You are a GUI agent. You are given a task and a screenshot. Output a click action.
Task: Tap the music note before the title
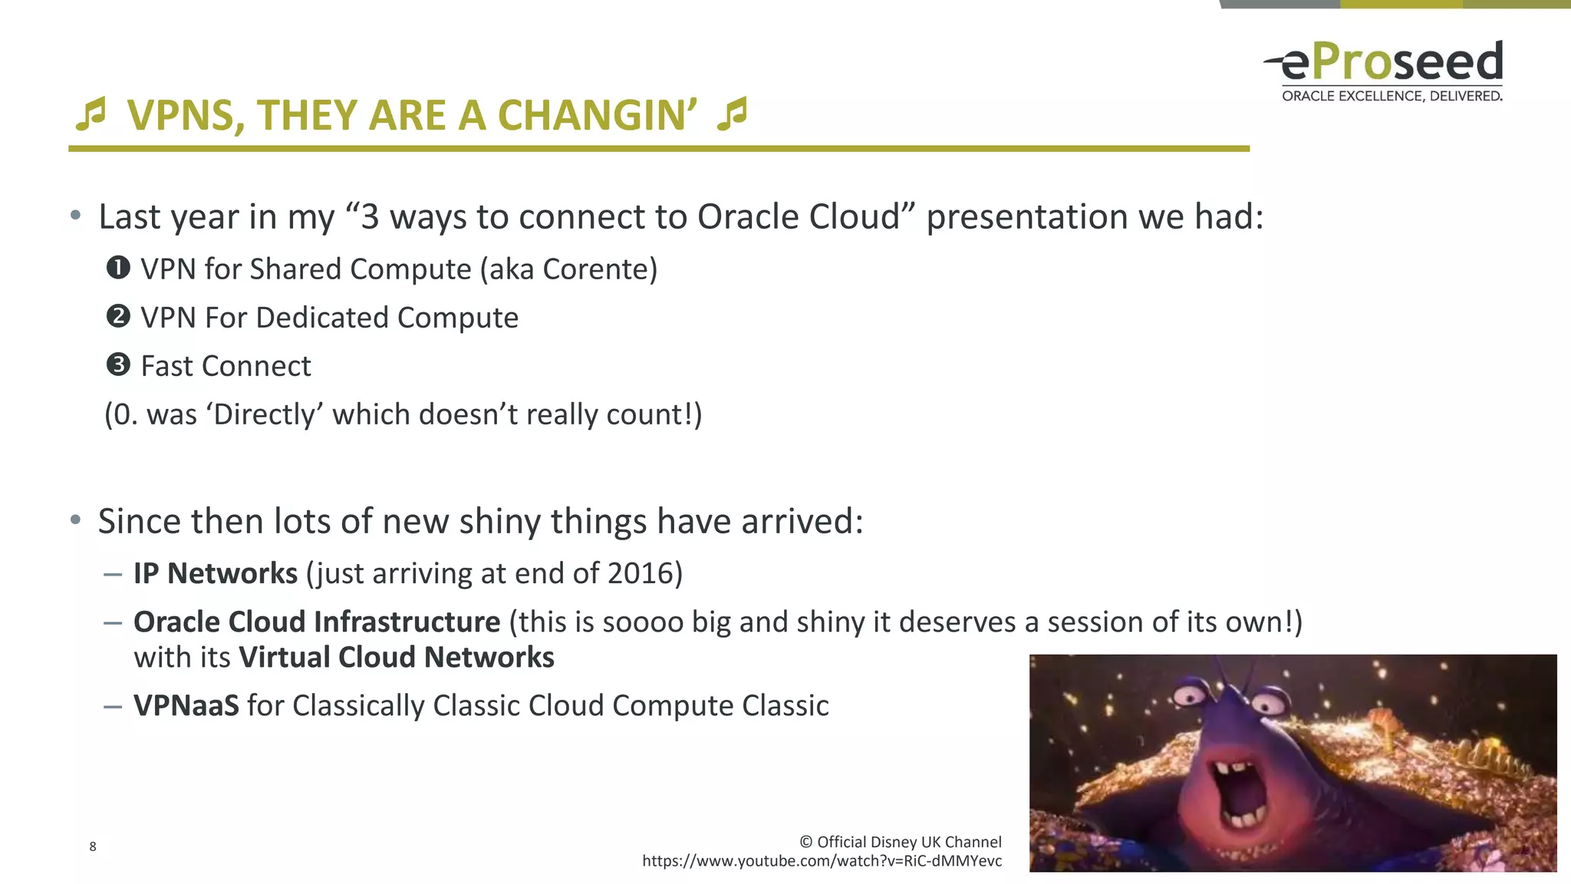click(91, 114)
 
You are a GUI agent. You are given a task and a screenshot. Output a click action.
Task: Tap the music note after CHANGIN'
click(732, 114)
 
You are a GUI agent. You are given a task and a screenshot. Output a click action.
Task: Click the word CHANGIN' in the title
click(597, 115)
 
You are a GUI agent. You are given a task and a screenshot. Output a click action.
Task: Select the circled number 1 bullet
click(118, 268)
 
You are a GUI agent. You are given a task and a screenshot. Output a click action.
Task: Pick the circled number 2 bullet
click(118, 316)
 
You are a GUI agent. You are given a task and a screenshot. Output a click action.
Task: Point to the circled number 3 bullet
click(118, 364)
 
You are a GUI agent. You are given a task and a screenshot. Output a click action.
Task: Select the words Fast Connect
click(226, 366)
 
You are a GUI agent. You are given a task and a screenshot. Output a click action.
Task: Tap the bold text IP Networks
click(216, 573)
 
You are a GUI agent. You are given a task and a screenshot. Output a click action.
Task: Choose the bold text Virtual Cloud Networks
click(397, 658)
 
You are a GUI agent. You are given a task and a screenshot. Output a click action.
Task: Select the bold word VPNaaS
click(186, 705)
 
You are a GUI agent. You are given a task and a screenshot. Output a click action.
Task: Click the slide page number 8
click(93, 846)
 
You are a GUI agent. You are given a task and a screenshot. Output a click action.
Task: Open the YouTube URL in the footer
click(822, 861)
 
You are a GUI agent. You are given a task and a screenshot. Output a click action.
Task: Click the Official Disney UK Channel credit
click(901, 842)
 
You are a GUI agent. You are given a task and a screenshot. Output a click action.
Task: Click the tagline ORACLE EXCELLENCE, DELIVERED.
click(1392, 96)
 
